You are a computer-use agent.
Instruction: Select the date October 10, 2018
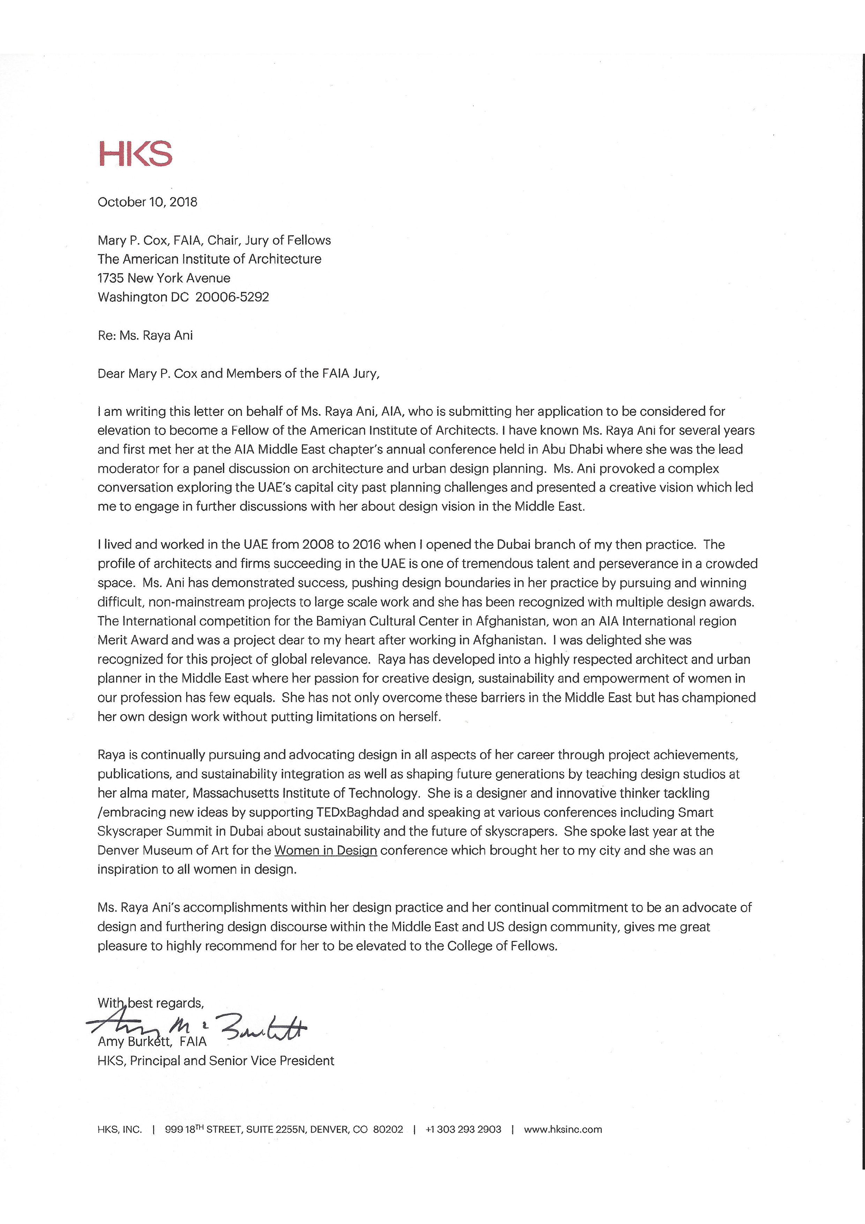tap(147, 202)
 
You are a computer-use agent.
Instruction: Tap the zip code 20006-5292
tap(232, 297)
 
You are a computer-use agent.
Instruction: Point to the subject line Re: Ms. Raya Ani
tap(145, 335)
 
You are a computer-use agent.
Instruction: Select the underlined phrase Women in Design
tap(326, 850)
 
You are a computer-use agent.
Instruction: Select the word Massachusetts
tap(236, 793)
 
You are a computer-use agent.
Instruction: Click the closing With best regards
tap(150, 1003)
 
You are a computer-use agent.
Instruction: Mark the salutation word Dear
tap(111, 373)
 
